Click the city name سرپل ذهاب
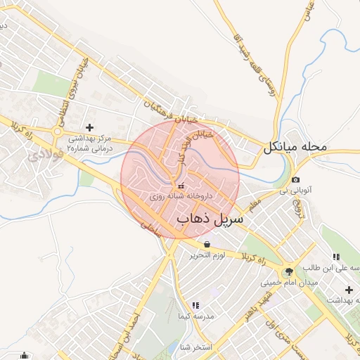click(x=210, y=219)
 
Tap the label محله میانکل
click(x=296, y=148)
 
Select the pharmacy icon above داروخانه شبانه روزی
click(x=182, y=186)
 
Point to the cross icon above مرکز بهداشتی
click(x=89, y=127)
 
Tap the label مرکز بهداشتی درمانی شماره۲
click(x=95, y=145)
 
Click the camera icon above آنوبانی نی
click(x=295, y=179)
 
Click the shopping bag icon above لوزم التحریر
click(x=207, y=244)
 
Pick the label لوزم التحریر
click(x=207, y=255)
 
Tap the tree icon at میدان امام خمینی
click(x=288, y=271)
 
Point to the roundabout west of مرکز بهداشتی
click(x=57, y=131)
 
